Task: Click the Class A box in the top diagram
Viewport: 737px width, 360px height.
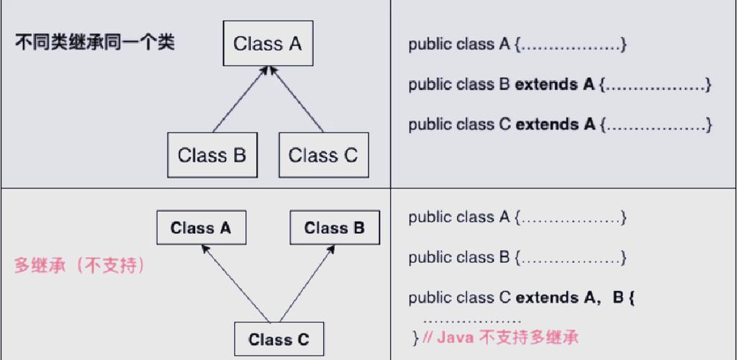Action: coord(268,44)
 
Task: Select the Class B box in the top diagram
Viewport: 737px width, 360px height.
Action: coord(212,155)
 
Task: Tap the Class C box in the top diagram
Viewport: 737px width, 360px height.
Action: coord(322,155)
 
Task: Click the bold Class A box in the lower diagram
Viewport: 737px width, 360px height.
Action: coord(201,228)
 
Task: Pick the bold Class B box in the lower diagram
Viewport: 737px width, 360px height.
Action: coord(334,228)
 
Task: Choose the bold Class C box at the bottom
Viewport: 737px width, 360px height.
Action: coord(279,340)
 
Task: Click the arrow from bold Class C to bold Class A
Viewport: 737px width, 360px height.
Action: coord(235,284)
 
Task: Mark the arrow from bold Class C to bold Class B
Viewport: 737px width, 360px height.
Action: coord(307,284)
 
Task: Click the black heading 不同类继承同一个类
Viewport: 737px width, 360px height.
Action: coord(94,42)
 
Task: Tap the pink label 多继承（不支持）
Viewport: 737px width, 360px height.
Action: coord(80,266)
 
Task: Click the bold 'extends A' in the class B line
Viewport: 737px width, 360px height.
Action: coord(555,85)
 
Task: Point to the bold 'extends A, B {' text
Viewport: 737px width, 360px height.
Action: coord(575,297)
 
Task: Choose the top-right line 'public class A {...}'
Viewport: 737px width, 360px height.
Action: coord(517,45)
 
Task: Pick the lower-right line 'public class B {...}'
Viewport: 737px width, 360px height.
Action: coord(517,257)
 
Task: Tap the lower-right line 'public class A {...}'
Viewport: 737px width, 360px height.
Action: coord(517,217)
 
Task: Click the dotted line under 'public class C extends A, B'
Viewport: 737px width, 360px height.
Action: coord(472,319)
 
